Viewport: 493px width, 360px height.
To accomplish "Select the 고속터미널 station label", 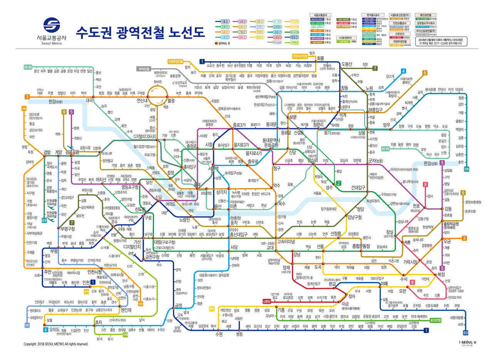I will (x=286, y=241).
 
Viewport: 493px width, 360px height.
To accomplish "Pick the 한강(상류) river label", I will (x=430, y=164).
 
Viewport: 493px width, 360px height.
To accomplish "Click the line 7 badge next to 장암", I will (x=374, y=69).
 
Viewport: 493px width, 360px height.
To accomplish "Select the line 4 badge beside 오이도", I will (x=45, y=330).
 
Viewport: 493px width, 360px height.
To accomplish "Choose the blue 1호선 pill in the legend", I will (x=225, y=22).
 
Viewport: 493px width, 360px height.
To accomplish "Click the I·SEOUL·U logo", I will (x=467, y=342).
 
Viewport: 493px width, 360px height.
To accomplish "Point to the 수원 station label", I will (x=219, y=334).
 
